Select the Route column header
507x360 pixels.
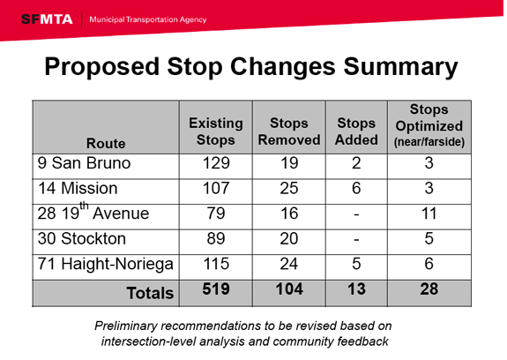[106, 143]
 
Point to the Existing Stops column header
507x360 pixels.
[215, 132]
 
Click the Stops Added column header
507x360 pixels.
[357, 132]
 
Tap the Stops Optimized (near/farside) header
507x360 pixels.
[429, 126]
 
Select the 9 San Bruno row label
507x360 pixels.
[85, 164]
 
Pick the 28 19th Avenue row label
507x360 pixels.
[93, 214]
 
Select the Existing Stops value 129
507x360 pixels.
[215, 164]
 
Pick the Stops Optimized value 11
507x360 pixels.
[429, 214]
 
